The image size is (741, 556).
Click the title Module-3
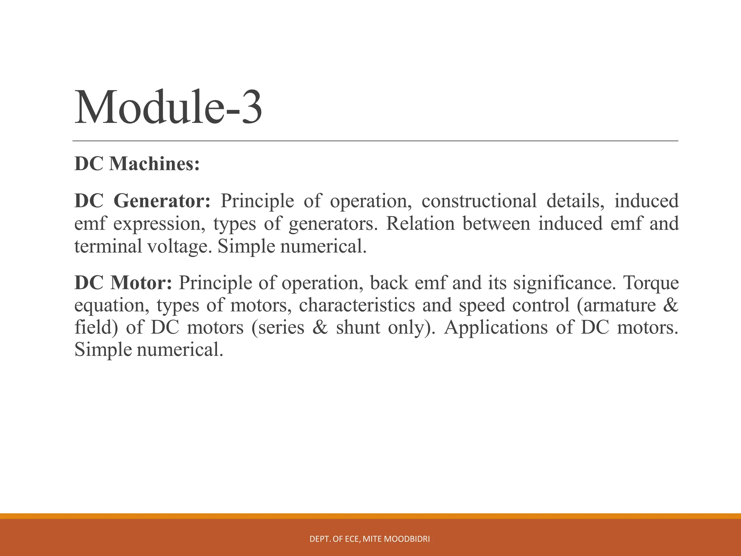coord(168,108)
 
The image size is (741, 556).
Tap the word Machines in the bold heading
coord(154,164)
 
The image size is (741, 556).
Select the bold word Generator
coord(162,201)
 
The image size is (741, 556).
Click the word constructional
coord(479,201)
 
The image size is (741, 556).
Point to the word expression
coord(157,224)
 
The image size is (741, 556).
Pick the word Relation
coord(420,224)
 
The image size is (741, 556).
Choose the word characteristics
coord(357,305)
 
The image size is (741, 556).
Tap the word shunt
coord(358,328)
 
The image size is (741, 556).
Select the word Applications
coord(496,328)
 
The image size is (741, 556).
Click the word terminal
coord(108,247)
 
